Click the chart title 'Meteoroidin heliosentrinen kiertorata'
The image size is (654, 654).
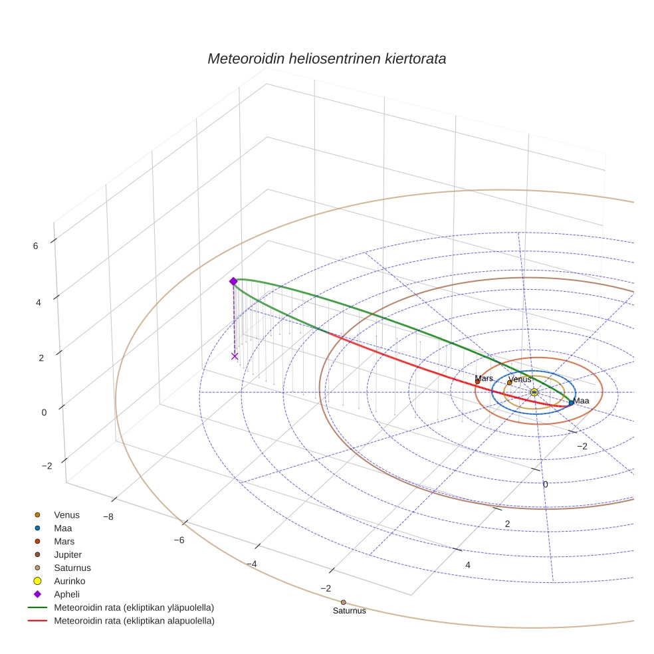[326, 58]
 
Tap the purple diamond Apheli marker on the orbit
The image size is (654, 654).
[233, 281]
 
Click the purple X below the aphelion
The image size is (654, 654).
[235, 356]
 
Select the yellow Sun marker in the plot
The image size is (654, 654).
[534, 392]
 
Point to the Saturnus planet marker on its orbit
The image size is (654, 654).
[343, 602]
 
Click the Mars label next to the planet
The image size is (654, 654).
[484, 378]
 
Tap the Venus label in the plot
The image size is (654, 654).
[520, 380]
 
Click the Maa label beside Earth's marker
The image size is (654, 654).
[581, 401]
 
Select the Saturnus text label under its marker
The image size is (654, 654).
[349, 611]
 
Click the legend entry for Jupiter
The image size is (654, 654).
[68, 554]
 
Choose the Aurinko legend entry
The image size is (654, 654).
[70, 581]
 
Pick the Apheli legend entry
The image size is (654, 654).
[66, 594]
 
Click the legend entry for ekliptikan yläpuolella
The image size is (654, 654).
[134, 607]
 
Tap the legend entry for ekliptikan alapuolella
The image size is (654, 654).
[134, 621]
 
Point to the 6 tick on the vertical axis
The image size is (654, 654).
[35, 245]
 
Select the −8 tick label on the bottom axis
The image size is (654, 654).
[107, 517]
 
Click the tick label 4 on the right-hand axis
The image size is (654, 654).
[468, 565]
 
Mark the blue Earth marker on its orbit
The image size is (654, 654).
[571, 402]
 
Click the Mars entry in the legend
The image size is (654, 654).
[64, 541]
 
